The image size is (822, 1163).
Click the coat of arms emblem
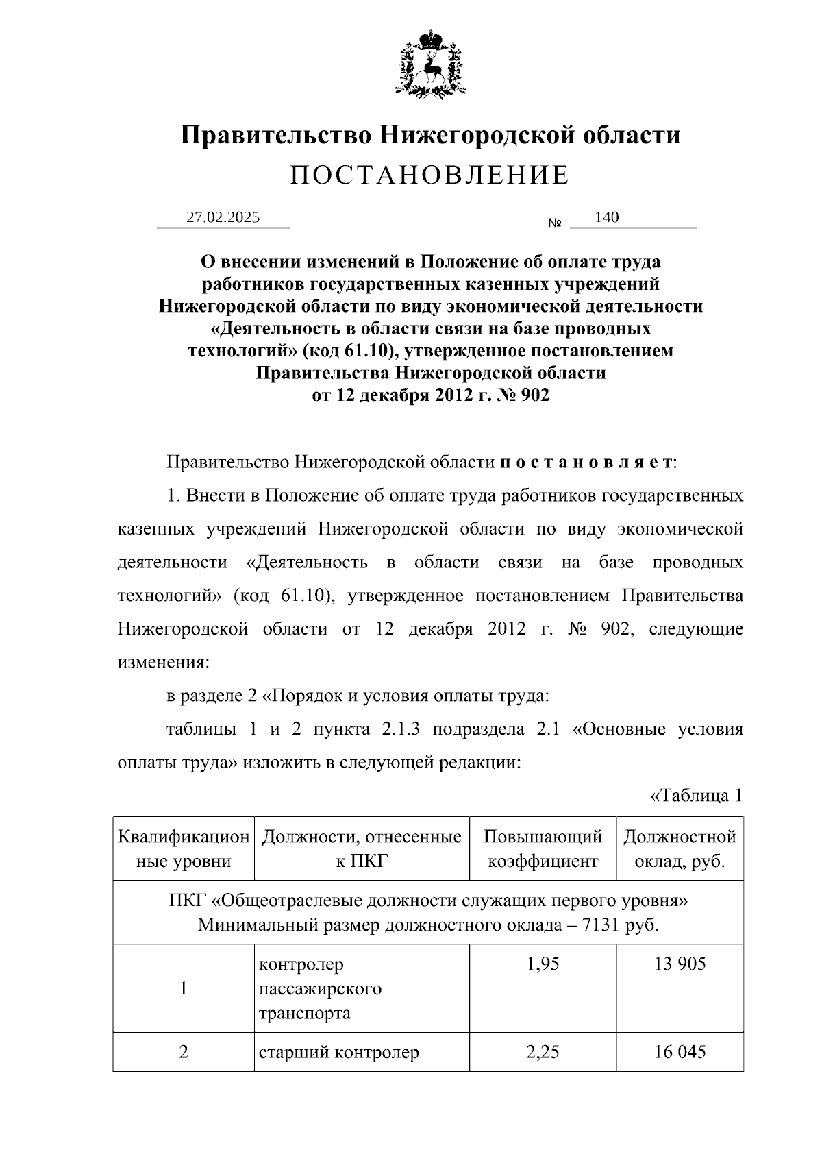[x=430, y=63]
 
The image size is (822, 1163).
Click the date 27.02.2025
[x=223, y=217]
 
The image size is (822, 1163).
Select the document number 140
[x=607, y=217]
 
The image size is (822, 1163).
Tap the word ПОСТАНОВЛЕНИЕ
[x=429, y=175]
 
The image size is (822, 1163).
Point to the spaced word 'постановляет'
[x=586, y=463]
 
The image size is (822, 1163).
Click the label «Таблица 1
[x=696, y=796]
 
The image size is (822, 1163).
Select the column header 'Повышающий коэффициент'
[x=543, y=848]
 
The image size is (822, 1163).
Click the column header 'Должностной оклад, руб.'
[x=680, y=848]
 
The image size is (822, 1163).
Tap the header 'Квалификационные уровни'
[x=184, y=848]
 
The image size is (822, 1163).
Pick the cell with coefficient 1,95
[x=543, y=964]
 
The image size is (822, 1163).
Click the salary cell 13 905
[x=680, y=964]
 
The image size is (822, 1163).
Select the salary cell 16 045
[x=680, y=1051]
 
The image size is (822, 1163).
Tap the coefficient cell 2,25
[x=543, y=1051]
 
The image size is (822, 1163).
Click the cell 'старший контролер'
[x=338, y=1052]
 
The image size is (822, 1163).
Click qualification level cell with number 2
[x=184, y=1051]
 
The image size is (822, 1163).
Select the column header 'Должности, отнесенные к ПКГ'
[x=362, y=848]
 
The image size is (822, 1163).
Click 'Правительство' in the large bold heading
[x=277, y=134]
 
